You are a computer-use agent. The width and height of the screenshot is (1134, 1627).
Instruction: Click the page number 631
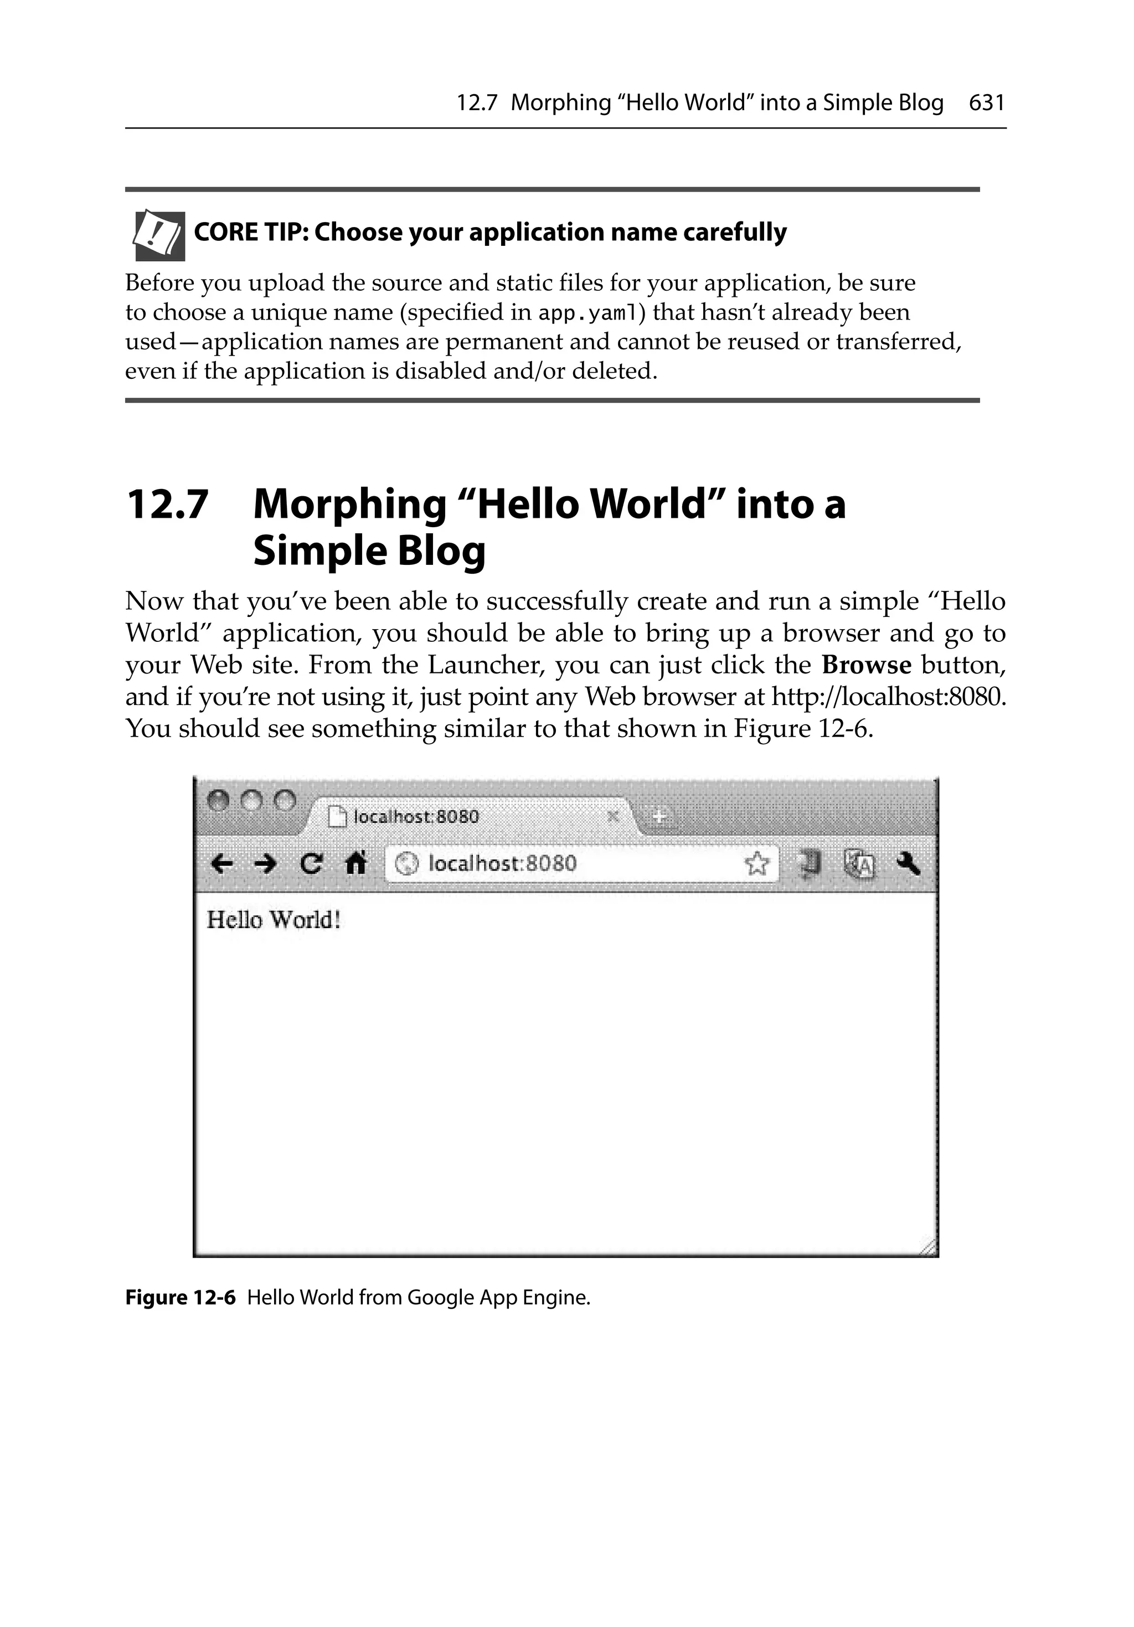[987, 103]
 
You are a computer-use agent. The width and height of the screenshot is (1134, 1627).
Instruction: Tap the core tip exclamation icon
[159, 235]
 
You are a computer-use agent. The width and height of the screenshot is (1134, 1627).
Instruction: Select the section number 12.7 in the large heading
[167, 504]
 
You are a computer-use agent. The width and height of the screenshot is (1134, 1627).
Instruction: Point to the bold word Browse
[866, 666]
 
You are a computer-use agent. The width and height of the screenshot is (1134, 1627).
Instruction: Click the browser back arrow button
[222, 864]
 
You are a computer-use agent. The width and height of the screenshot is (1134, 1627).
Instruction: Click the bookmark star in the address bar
[756, 864]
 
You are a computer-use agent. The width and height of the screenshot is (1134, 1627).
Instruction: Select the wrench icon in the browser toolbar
[908, 864]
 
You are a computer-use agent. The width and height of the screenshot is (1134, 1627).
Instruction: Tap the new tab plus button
[659, 817]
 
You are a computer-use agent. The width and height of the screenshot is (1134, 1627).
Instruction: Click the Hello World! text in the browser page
[274, 920]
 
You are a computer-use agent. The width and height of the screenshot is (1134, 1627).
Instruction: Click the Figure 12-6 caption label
[180, 1298]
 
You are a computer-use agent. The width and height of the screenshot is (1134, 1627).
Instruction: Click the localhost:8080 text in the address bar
[503, 863]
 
